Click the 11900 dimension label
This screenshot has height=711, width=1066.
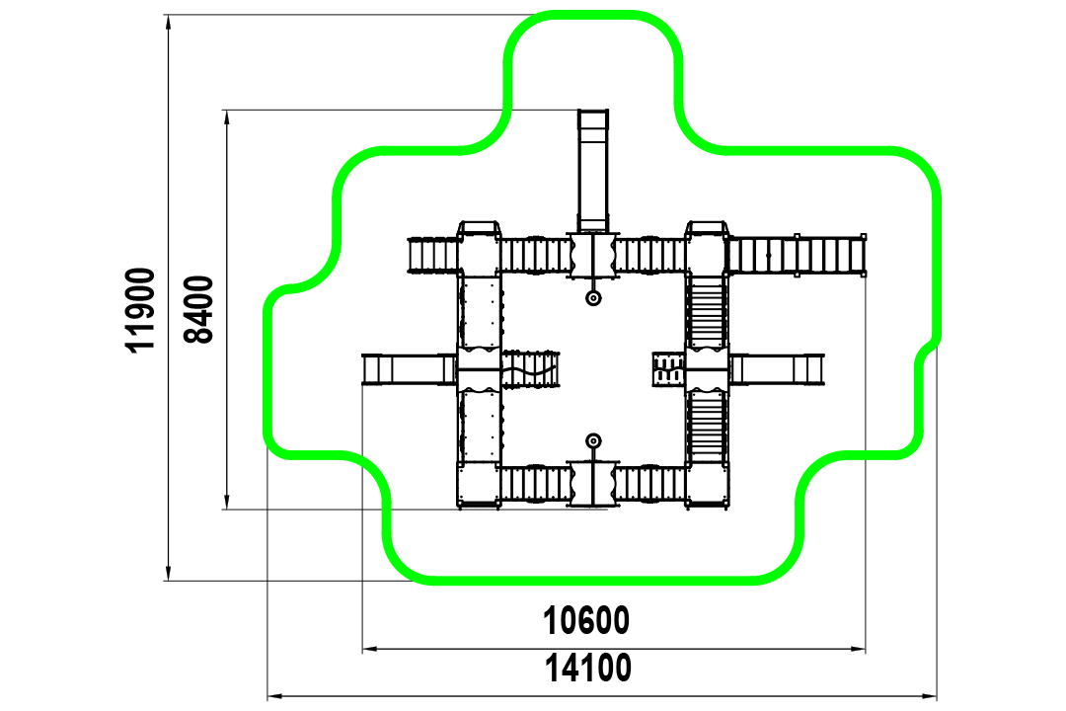coord(141,310)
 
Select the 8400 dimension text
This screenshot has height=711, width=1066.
coord(198,309)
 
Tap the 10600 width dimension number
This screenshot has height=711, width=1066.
coord(586,620)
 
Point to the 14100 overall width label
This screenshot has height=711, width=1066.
coord(587,669)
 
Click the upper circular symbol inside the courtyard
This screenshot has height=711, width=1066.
coord(593,298)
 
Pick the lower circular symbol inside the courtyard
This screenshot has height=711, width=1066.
coord(593,440)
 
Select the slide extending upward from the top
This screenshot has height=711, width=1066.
coord(593,171)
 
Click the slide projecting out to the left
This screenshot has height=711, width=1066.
coord(409,369)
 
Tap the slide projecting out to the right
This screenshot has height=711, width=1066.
coord(777,369)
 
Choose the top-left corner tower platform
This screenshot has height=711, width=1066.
coord(480,251)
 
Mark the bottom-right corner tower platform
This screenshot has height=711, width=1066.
coord(707,486)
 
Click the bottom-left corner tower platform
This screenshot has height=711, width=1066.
coord(480,486)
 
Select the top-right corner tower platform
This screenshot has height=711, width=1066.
coord(707,251)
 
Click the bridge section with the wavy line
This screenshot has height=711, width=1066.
coord(530,369)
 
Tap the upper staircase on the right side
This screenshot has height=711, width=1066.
coord(707,312)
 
